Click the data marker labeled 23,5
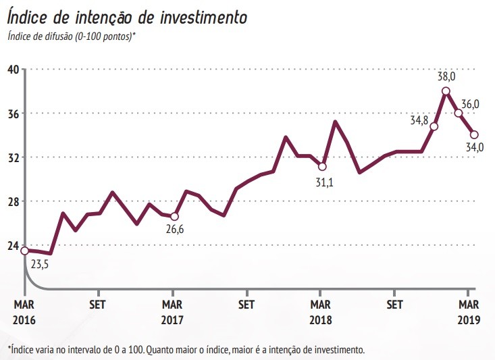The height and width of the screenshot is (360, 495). [24, 251]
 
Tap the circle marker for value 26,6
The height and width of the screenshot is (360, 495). [174, 217]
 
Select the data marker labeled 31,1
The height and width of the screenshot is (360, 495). [322, 166]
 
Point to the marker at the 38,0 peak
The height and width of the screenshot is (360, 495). [446, 91]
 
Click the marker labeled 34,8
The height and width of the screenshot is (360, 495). [434, 126]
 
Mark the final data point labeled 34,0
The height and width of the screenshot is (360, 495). [474, 134]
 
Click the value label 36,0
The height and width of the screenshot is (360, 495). [470, 104]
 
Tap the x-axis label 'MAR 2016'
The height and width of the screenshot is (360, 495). [24, 311]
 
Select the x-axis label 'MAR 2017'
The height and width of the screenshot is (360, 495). [173, 311]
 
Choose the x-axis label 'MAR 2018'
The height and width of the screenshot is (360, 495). [321, 311]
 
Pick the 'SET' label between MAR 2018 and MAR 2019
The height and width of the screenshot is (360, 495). [394, 304]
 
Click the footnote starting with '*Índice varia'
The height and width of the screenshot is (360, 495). [186, 349]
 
